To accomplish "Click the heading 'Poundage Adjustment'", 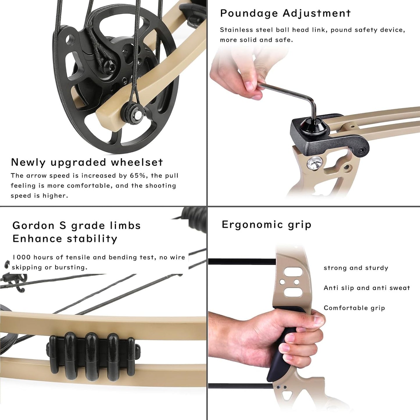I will (285, 13).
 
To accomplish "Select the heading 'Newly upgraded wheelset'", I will (87, 162).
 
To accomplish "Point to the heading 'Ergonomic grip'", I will (266, 225).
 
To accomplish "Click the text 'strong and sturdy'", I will (356, 268).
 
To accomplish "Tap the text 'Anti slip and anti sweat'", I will (367, 288).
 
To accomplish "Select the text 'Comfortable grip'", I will (354, 308).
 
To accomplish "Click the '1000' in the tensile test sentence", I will (21, 257).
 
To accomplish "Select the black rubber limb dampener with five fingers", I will (92, 356).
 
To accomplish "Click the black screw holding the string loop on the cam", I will (111, 68).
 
